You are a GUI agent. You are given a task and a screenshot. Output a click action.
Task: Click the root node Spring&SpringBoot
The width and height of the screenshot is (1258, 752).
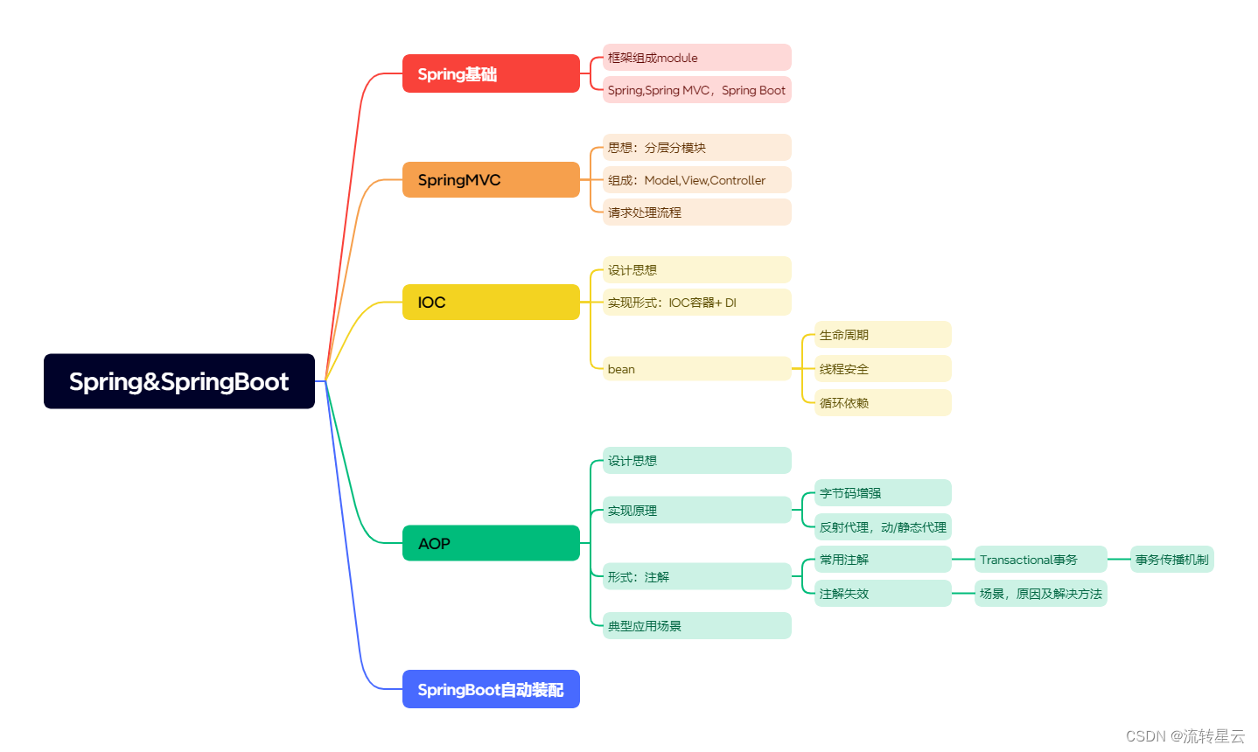pyautogui.click(x=178, y=381)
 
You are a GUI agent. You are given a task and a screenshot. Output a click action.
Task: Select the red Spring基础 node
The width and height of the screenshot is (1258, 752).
pyautogui.click(x=491, y=73)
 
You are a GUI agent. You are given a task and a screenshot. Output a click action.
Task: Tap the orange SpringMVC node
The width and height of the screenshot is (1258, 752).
pyautogui.click(x=491, y=179)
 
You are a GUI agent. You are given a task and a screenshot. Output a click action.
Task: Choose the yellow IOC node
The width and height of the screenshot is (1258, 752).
pyautogui.click(x=491, y=302)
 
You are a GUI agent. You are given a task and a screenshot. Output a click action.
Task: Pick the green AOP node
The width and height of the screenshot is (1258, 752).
pyautogui.click(x=491, y=543)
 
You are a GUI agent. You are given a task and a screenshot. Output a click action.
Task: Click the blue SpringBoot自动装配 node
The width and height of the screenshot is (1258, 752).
pyautogui.click(x=491, y=689)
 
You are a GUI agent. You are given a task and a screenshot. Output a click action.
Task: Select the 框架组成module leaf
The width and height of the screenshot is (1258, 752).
pyautogui.click(x=696, y=58)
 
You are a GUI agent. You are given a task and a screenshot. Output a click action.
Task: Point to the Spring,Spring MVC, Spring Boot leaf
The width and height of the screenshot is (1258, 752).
pyautogui.click(x=696, y=90)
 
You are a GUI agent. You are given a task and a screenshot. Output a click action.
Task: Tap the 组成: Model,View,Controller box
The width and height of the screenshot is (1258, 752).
pyautogui.click(x=696, y=180)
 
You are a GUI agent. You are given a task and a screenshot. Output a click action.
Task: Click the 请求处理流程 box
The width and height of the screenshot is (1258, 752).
pyautogui.click(x=696, y=212)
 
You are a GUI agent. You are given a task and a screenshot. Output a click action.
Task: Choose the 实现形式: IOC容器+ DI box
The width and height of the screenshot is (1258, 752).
pyautogui.click(x=696, y=303)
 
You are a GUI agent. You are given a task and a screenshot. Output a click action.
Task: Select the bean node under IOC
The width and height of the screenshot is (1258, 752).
pyautogui.click(x=696, y=369)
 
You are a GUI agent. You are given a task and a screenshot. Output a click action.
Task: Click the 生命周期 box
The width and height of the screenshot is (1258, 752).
pyautogui.click(x=883, y=335)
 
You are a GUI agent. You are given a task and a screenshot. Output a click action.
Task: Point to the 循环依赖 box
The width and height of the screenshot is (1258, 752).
pyautogui.click(x=883, y=403)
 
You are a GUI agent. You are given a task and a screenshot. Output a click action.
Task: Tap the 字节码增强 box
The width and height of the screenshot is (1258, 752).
pyautogui.click(x=883, y=493)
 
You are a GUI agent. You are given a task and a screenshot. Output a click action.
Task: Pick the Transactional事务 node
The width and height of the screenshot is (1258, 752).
pyautogui.click(x=1041, y=560)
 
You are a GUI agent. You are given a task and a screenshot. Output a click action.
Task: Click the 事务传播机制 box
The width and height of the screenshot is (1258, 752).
pyautogui.click(x=1171, y=560)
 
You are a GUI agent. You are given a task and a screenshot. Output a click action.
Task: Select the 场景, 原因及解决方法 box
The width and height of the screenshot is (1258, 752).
pyautogui.click(x=1041, y=594)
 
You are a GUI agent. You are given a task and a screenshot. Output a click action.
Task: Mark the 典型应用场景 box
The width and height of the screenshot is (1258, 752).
pyautogui.click(x=696, y=626)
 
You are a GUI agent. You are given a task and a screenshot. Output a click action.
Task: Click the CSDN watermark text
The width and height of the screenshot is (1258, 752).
pyautogui.click(x=1185, y=736)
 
